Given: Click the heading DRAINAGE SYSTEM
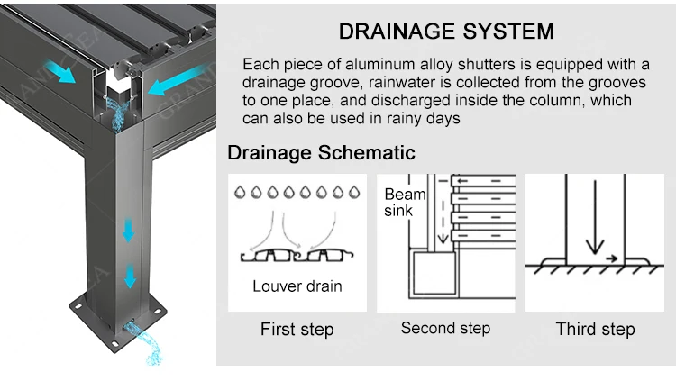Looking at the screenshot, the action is coord(446,32).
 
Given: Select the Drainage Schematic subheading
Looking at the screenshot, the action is coord(321,152).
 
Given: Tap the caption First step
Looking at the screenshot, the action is coord(297,330).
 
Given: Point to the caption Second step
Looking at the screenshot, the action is coord(446,329).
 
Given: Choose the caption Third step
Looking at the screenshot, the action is coord(596,330).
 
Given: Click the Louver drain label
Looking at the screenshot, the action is coord(297,286).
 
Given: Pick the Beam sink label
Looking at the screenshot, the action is coord(405,203).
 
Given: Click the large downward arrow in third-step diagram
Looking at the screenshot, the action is coord(595,218).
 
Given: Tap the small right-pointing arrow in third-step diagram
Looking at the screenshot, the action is coord(611,258).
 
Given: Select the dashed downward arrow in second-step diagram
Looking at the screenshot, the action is coord(443,211).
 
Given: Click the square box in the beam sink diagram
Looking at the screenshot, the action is coord(434,272).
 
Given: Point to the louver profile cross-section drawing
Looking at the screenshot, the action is coord(297,256).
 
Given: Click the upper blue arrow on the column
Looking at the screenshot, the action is coord(129,231).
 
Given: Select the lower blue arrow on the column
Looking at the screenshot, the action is coord(130,277).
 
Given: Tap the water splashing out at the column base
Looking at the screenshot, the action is coord(144,342).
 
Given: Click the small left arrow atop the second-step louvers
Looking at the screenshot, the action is coord(462,181).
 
